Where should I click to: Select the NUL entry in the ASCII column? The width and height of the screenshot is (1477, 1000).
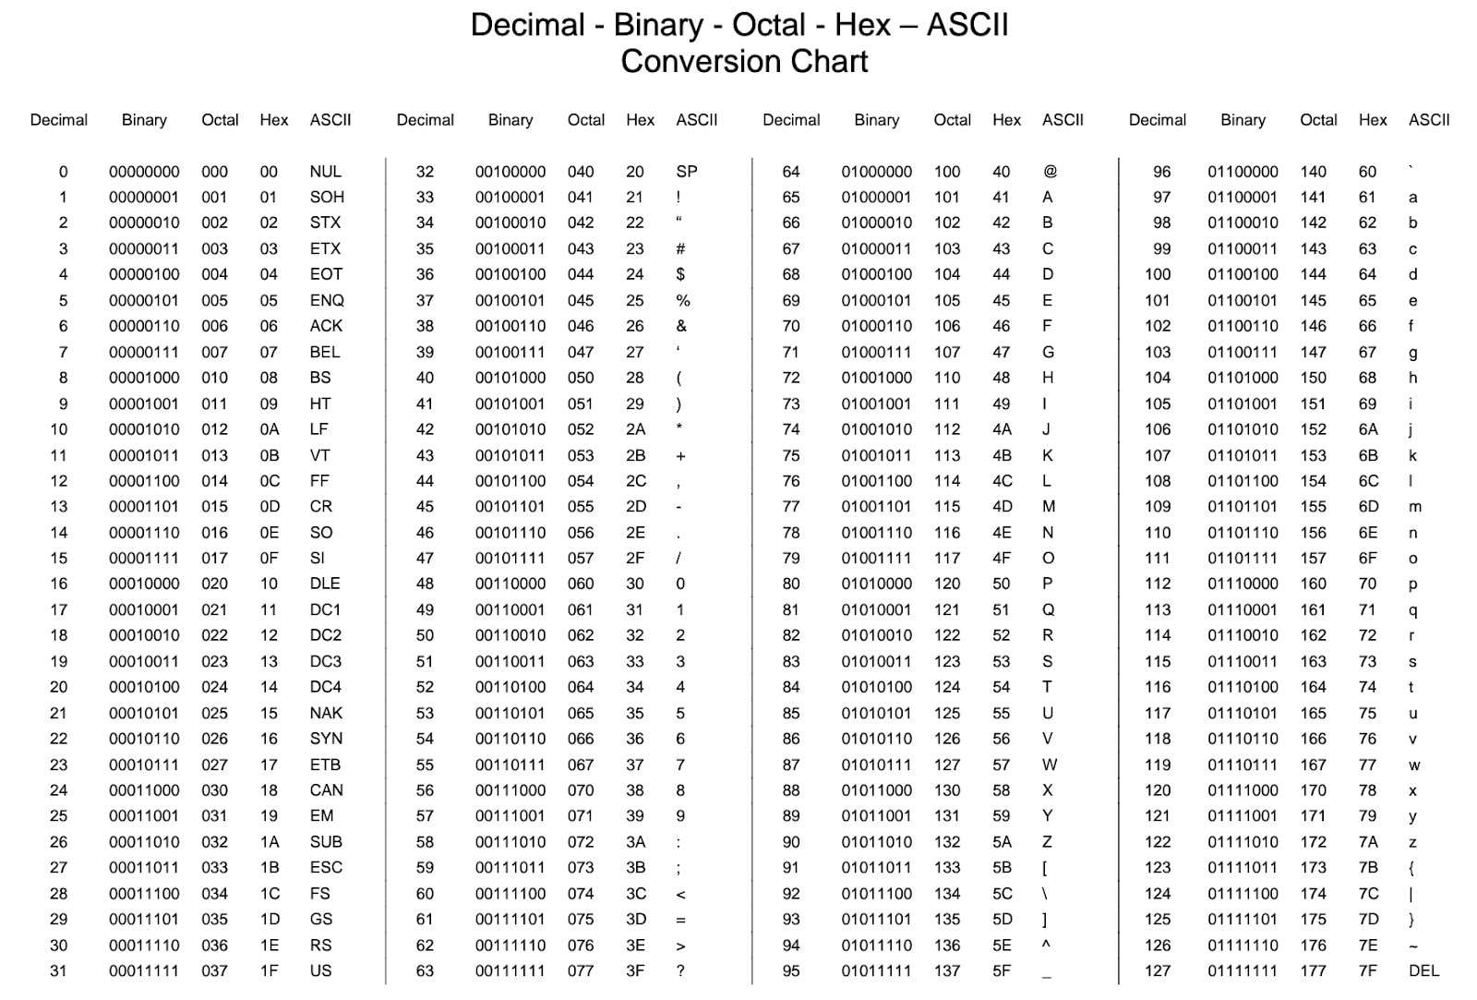click(x=325, y=172)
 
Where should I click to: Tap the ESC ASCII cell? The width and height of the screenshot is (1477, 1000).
click(x=326, y=868)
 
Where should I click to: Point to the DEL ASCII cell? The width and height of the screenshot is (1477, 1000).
click(x=1423, y=971)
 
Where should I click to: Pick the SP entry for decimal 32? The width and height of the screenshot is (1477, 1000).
click(x=687, y=172)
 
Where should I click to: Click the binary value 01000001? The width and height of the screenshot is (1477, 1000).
click(x=876, y=198)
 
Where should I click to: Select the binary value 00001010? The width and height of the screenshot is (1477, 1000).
click(x=144, y=429)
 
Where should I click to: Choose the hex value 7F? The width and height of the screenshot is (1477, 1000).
click(x=1368, y=971)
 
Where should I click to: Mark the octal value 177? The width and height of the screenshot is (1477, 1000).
click(x=1313, y=971)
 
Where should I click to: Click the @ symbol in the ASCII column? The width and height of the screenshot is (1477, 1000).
click(x=1050, y=172)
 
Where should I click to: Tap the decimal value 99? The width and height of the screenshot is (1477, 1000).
click(x=1161, y=249)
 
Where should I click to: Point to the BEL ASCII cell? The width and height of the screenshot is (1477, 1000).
click(x=325, y=353)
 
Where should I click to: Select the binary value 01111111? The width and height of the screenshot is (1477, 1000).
click(x=1243, y=971)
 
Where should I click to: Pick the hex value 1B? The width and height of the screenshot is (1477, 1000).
click(x=270, y=868)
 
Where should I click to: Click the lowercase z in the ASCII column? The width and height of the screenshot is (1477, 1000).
click(x=1412, y=843)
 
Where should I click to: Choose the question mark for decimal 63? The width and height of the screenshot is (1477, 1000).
click(x=680, y=971)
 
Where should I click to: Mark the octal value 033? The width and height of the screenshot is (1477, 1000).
click(x=214, y=868)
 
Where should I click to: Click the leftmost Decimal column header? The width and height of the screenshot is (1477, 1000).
click(x=59, y=120)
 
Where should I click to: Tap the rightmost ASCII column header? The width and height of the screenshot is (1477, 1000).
click(x=1429, y=120)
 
